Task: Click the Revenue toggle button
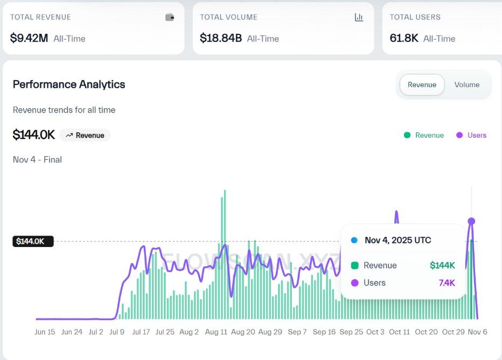point(422,84)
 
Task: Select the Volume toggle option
point(466,84)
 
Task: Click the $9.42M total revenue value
point(30,38)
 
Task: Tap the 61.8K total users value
point(404,38)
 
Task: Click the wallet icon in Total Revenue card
point(170,17)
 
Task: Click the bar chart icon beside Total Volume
point(359,17)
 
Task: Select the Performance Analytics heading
point(69,84)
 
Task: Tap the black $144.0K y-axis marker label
point(32,241)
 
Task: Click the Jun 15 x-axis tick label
point(45,332)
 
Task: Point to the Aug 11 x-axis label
point(216,332)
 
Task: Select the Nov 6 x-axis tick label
point(477,332)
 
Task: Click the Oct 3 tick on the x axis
point(375,332)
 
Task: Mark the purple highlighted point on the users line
point(471,221)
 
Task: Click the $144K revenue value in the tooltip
point(442,265)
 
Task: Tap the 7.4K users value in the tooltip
point(446,283)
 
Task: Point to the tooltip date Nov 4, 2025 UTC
point(398,240)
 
